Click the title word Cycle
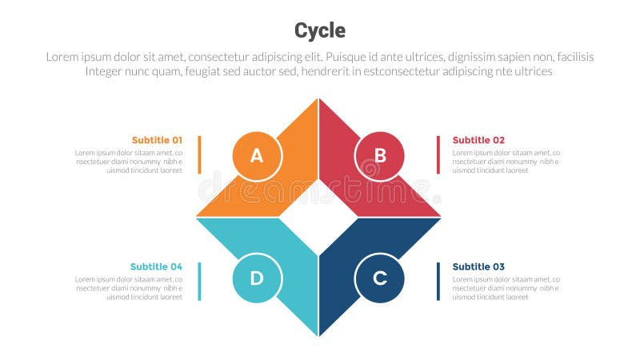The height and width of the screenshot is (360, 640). (x=320, y=30)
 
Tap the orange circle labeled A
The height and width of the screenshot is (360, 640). (x=257, y=155)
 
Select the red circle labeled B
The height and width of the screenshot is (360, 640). (x=380, y=155)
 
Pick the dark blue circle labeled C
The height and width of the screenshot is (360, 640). (x=380, y=278)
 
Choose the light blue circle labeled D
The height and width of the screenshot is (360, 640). (x=257, y=278)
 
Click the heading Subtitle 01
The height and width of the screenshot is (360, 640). (x=157, y=140)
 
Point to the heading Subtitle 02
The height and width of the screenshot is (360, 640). (x=478, y=140)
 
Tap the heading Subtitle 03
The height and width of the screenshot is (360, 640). (x=478, y=266)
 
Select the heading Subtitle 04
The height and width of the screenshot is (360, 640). (x=156, y=266)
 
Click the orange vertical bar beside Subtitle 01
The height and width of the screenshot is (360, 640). (x=199, y=154)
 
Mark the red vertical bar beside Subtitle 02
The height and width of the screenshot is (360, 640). (x=438, y=154)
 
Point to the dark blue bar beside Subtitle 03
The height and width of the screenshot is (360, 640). (x=438, y=281)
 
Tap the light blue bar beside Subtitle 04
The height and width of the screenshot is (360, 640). (x=199, y=281)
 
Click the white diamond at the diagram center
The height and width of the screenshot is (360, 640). (x=318, y=217)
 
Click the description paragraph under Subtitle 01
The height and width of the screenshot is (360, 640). (x=129, y=161)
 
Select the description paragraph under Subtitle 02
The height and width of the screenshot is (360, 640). (x=506, y=161)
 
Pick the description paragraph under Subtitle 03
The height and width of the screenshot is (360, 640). (x=506, y=288)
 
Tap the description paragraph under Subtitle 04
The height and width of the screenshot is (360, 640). (x=129, y=288)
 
